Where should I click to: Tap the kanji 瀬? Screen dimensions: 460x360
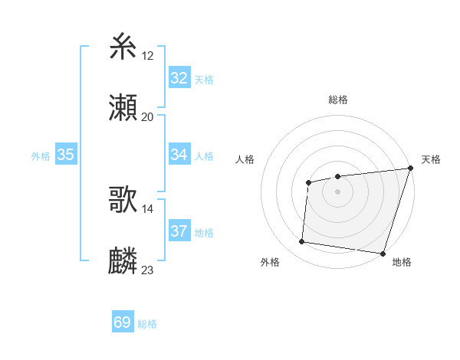coord(123,108)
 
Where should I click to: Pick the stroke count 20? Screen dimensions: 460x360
coord(148,117)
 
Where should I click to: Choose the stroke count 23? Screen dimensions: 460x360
coord(148,270)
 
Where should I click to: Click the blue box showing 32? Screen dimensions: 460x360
coord(179,78)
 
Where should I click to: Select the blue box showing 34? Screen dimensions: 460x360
coord(179,155)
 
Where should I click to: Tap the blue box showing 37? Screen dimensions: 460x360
coord(179,231)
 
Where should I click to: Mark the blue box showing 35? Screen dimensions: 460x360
coord(66,155)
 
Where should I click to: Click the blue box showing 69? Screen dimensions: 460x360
coord(123,322)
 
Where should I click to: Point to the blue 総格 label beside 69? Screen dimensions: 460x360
coord(148,324)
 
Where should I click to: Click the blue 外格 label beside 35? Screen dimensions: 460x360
coord(41,156)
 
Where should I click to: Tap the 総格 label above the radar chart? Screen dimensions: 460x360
coord(337,100)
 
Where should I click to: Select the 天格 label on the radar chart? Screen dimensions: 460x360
coord(432,159)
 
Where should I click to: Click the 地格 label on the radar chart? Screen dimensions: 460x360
coord(402,262)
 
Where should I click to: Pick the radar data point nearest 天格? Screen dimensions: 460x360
coord(410,169)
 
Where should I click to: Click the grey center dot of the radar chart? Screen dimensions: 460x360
coord(337,191)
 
